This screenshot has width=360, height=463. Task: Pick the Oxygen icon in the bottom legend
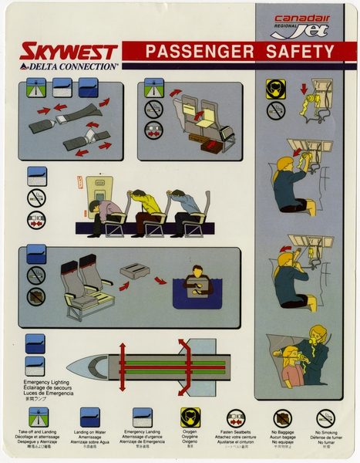coord(190,417)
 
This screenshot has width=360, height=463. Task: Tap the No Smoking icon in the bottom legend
coord(325,417)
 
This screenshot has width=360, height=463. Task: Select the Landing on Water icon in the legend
coord(90,417)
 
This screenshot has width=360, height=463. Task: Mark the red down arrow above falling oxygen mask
coord(302,89)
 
